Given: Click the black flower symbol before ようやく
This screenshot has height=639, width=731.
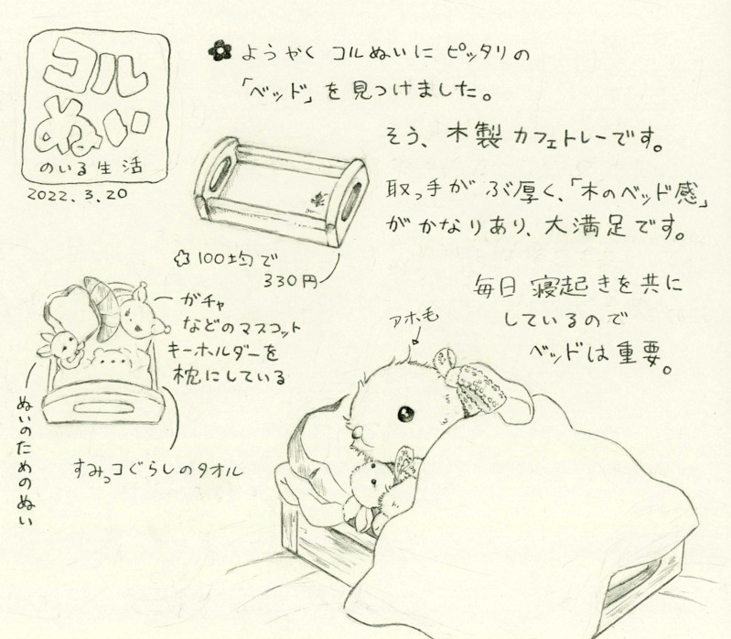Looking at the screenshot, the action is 220,51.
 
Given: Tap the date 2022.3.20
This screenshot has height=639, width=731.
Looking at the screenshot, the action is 78,193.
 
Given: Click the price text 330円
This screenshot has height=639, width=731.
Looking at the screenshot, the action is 290,281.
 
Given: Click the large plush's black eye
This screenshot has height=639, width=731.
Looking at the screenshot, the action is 406,413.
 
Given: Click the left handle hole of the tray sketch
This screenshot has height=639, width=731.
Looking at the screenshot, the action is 220,174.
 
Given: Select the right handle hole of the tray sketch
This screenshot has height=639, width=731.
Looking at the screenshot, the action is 351,201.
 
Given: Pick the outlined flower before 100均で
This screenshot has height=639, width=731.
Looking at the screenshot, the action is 181,257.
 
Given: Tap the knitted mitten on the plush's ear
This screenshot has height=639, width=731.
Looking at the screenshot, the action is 476,384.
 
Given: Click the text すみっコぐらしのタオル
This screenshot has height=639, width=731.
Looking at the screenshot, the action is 158,468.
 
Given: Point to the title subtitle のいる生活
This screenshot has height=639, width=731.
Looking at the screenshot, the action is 91,168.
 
